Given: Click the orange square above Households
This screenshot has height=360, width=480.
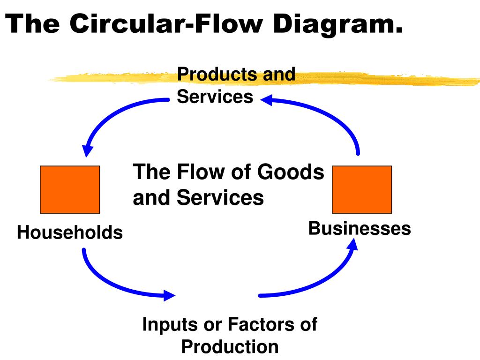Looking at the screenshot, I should pyautogui.click(x=70, y=189).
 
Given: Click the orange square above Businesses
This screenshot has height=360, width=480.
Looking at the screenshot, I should pyautogui.click(x=362, y=189).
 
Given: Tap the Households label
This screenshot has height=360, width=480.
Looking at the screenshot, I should pyautogui.click(x=70, y=232).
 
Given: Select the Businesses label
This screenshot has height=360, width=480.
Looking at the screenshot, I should pyautogui.click(x=360, y=229).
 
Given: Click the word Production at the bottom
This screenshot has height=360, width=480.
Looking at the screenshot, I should pyautogui.click(x=230, y=347).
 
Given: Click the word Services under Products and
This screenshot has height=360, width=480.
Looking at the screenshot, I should pyautogui.click(x=215, y=97).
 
